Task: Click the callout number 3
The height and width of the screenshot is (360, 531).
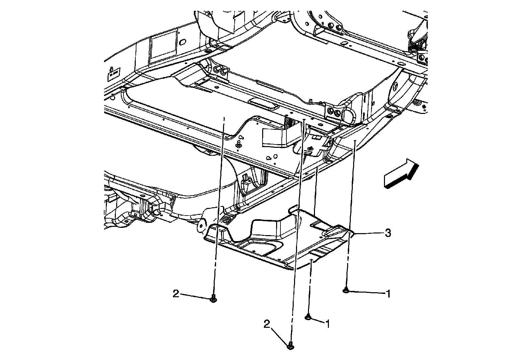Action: (387, 233)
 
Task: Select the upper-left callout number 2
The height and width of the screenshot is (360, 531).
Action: (176, 293)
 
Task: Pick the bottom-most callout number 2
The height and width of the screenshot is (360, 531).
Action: (267, 324)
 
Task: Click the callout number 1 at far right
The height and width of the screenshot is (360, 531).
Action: (387, 294)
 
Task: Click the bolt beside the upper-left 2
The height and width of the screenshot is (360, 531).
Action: (213, 299)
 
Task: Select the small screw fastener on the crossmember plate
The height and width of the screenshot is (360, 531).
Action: (238, 145)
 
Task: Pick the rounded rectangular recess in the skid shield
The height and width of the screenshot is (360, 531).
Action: (260, 247)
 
